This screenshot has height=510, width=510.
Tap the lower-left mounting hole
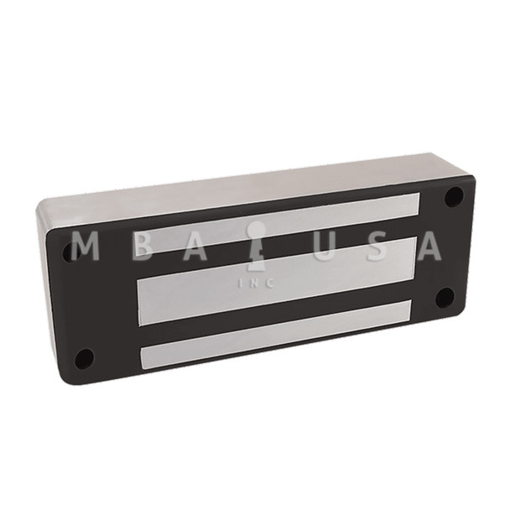[84, 358]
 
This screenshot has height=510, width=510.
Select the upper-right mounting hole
[453, 197]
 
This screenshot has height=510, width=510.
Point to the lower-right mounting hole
[445, 297]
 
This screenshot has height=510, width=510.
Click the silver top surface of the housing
[252, 180]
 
